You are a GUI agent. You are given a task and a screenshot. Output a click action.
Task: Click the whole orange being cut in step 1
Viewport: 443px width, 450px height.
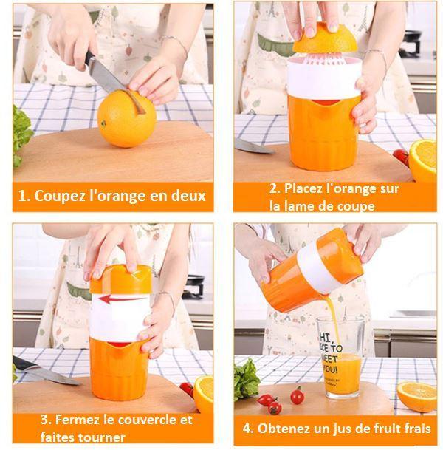126,118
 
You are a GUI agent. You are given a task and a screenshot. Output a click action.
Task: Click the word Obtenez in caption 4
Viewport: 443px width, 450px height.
286,428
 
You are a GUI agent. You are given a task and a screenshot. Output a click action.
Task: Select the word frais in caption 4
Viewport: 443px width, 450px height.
415,428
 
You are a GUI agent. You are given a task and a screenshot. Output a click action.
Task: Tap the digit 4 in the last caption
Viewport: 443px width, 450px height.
247,428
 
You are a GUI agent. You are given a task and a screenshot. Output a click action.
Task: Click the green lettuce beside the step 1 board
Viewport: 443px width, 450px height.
21,137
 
